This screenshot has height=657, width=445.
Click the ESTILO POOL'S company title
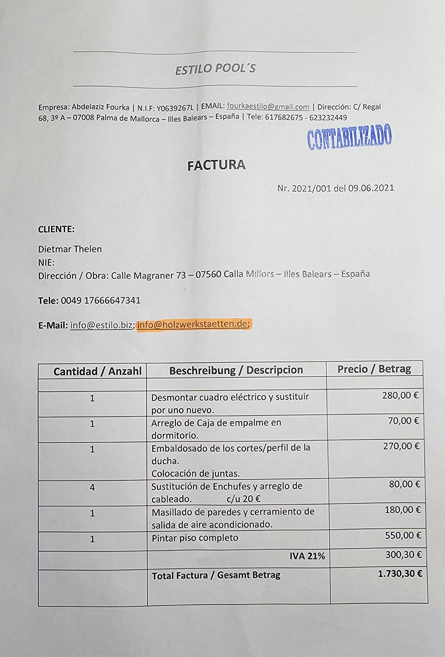[x=216, y=69]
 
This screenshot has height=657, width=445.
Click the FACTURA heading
[x=216, y=165]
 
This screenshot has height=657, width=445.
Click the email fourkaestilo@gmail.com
[x=268, y=107]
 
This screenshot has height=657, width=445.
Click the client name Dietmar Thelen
[x=70, y=249]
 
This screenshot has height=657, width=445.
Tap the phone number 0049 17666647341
[x=101, y=300]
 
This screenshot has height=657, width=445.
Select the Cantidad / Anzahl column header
[x=97, y=371]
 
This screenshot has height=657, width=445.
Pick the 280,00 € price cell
[x=400, y=395]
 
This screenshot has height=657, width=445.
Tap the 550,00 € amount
[x=403, y=535]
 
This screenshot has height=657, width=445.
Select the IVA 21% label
[x=307, y=556]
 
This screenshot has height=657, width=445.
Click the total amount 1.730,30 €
[x=400, y=573]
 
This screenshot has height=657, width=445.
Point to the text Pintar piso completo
[x=195, y=538]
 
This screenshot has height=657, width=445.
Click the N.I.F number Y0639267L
[x=175, y=107]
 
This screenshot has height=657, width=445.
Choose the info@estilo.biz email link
[x=101, y=325]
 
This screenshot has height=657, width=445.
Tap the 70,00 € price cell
[x=403, y=421]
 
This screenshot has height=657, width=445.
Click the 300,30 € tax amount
[x=403, y=555]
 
